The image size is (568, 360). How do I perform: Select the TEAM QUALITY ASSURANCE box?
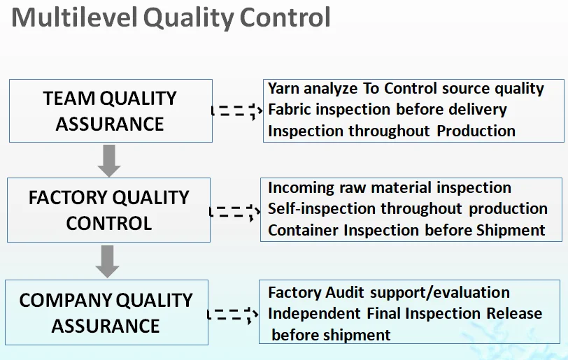[x=111, y=111]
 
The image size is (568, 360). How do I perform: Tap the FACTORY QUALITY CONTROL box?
[x=108, y=210]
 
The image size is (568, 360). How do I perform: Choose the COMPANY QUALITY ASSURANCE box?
[x=106, y=312]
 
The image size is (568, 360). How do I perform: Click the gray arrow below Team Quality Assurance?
[x=109, y=160]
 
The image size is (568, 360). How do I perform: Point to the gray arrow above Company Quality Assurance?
[x=107, y=261]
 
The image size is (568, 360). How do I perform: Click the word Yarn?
[x=284, y=89]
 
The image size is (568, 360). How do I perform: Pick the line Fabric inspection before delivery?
[x=387, y=110]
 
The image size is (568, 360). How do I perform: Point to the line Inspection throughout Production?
[x=391, y=131]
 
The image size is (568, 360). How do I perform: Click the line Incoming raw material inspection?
[x=389, y=188]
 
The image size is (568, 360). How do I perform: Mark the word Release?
[x=514, y=314]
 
